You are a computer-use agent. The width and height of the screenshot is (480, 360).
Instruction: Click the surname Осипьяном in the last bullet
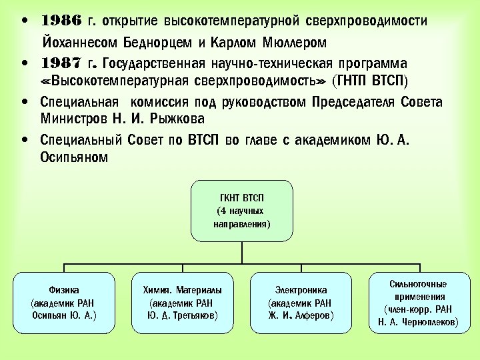coord(73,158)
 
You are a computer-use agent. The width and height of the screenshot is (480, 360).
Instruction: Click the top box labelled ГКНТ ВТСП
coord(241,210)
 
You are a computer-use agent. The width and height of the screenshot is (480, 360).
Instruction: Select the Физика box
coord(64,302)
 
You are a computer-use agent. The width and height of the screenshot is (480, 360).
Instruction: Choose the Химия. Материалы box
coord(183,302)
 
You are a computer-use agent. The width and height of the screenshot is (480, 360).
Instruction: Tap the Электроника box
coord(301,302)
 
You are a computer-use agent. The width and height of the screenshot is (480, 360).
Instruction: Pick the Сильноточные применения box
coord(418,302)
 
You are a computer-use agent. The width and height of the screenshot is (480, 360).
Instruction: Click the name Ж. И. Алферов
coord(301,314)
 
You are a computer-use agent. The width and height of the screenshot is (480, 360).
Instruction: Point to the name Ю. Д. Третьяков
coord(183,314)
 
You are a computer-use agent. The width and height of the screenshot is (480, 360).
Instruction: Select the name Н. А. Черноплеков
coord(418,322)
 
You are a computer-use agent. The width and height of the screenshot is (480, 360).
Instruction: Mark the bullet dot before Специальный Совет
coord(25,141)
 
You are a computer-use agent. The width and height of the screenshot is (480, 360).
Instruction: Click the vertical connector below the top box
coord(241,252)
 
